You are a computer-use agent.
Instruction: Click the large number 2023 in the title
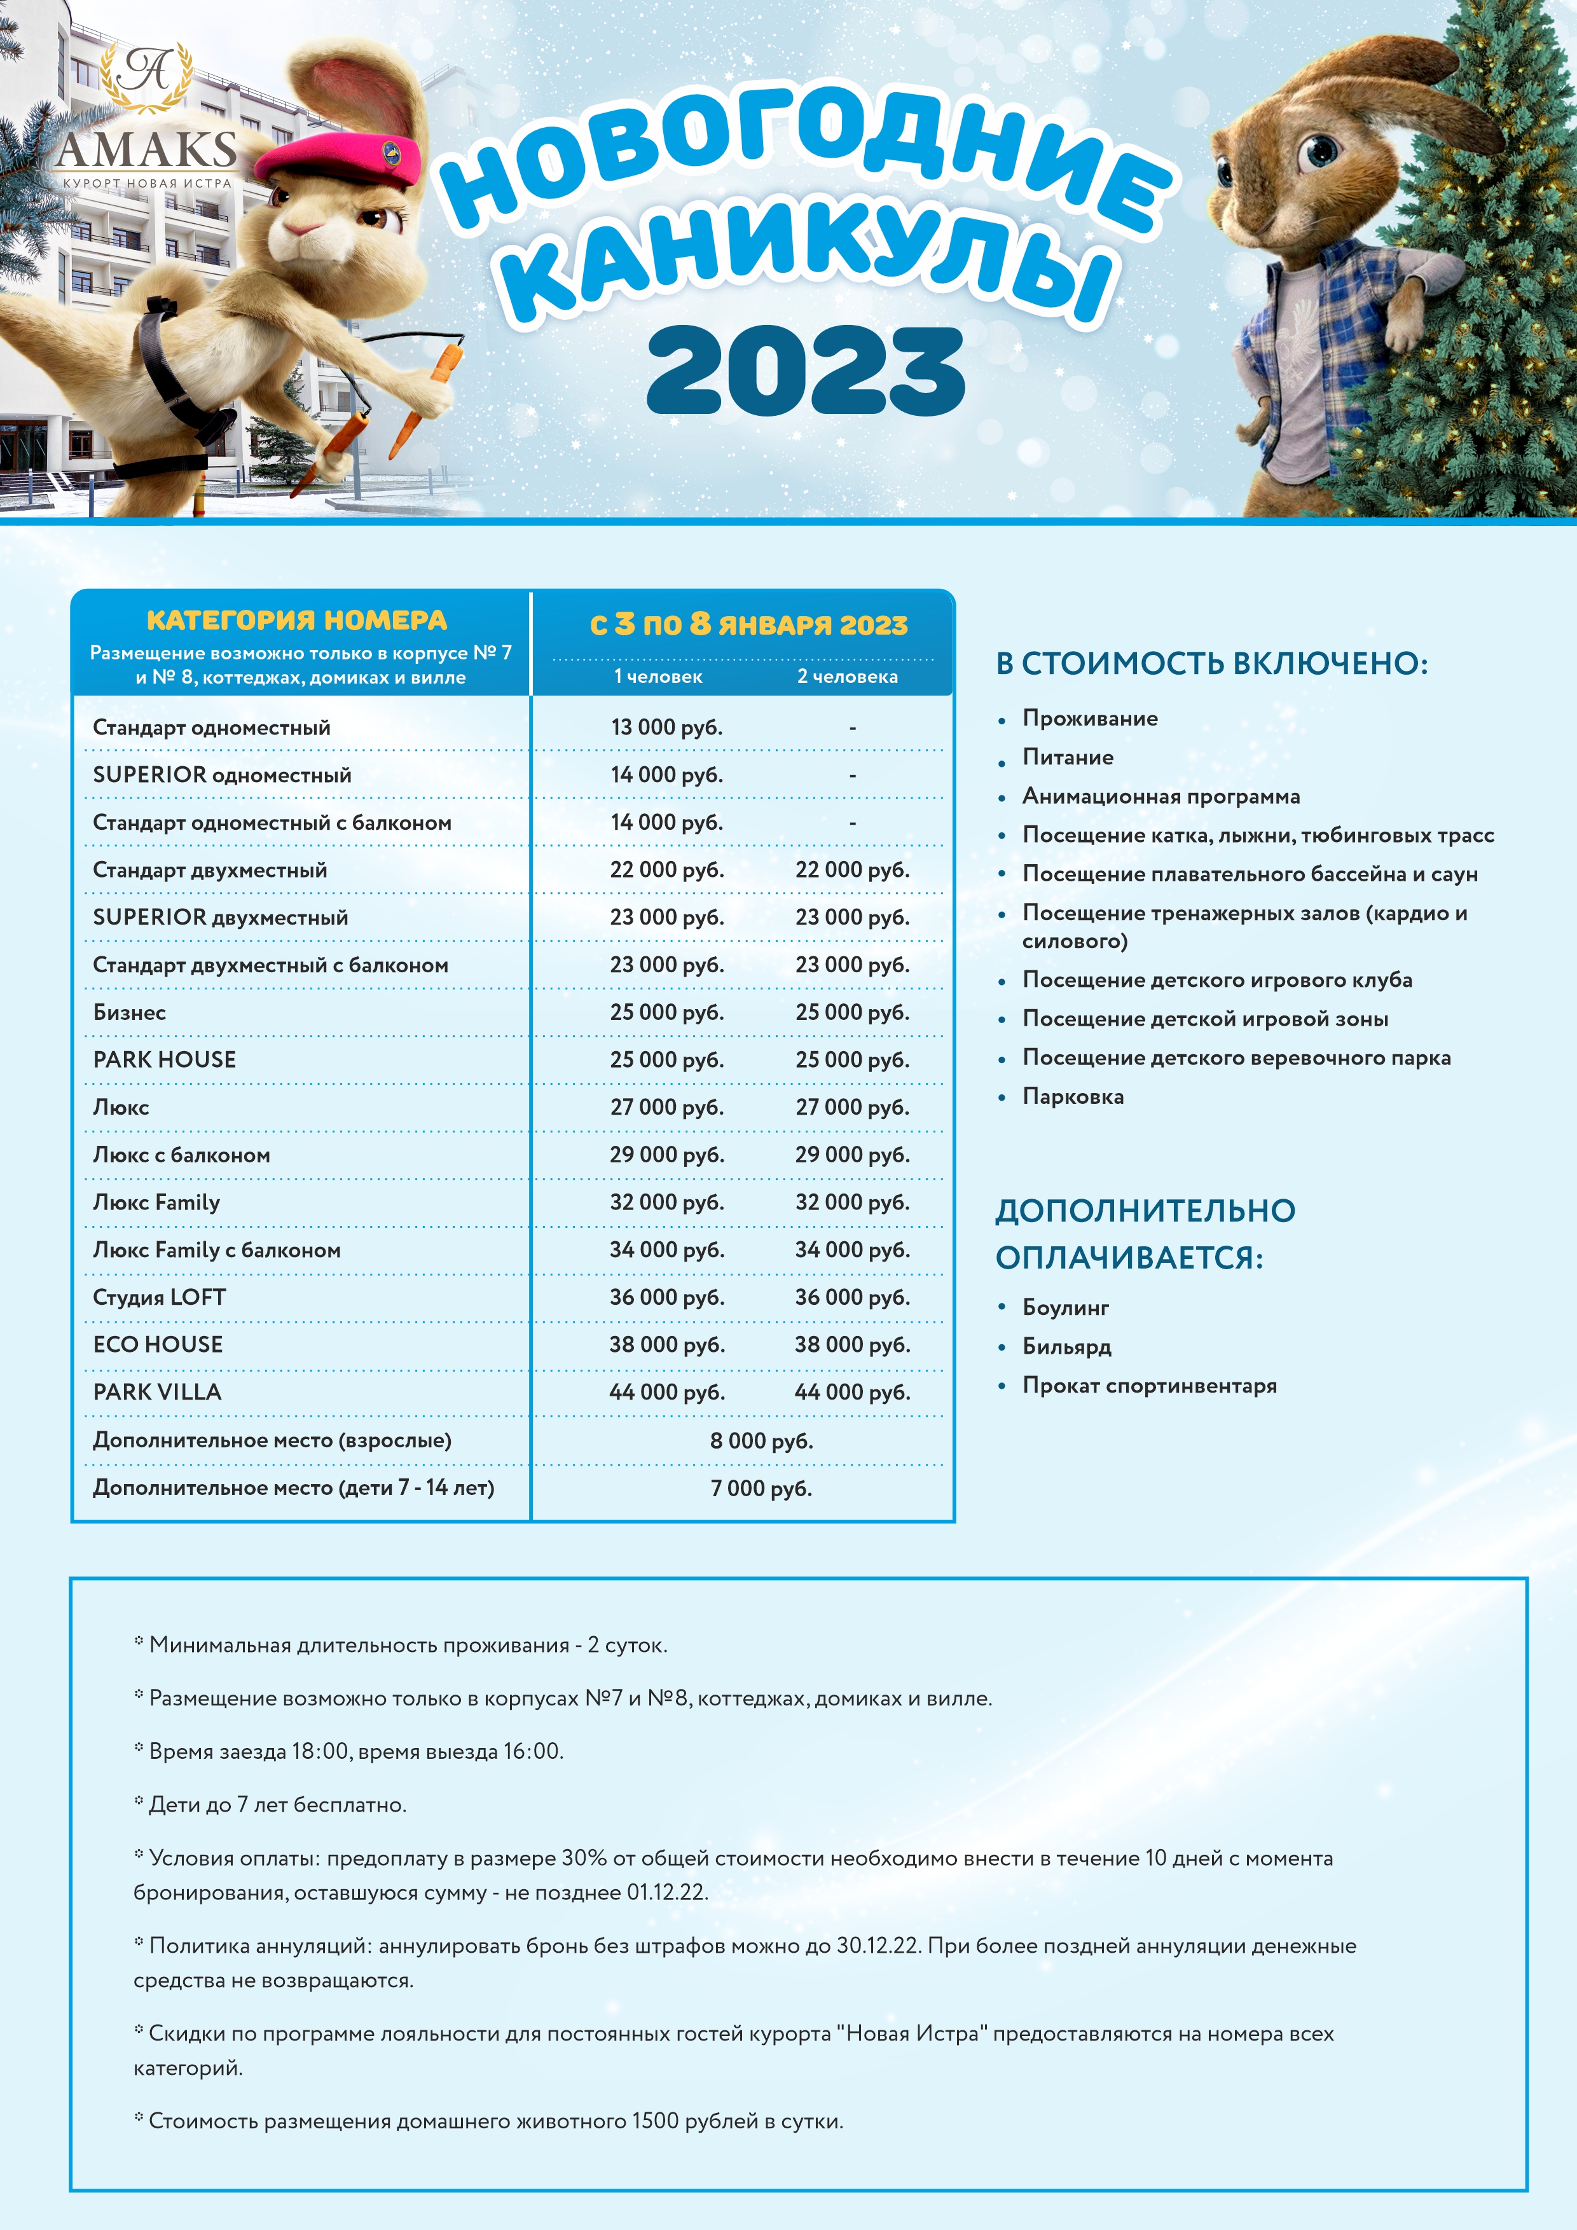click(805, 372)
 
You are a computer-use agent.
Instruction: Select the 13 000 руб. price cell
click(666, 727)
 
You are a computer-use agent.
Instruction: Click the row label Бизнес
click(129, 1012)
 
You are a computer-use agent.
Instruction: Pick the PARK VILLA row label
click(157, 1392)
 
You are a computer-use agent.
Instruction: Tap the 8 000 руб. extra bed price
click(761, 1440)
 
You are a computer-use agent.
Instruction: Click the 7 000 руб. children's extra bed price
click(761, 1488)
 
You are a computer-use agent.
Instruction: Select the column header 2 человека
click(847, 677)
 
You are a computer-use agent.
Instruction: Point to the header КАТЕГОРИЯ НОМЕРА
click(297, 620)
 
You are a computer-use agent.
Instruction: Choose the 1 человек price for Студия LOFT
click(666, 1298)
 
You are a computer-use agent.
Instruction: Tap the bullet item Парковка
click(1072, 1096)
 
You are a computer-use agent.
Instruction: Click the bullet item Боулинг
click(1065, 1307)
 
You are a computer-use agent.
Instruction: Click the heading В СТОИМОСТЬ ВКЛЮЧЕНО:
click(1211, 663)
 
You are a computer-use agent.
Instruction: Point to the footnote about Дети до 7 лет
click(277, 1805)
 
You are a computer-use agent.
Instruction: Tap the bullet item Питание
click(1067, 757)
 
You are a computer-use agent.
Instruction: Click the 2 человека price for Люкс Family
click(851, 1202)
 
